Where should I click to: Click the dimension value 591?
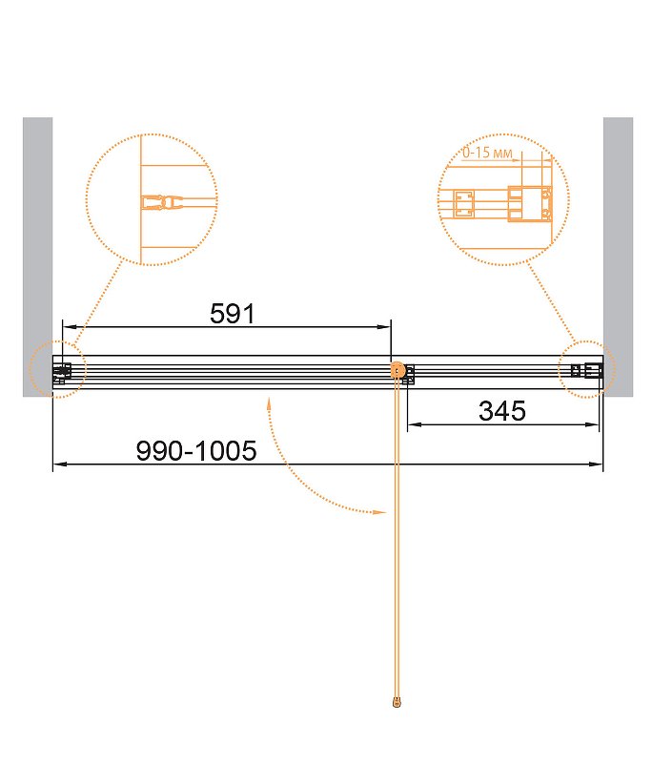click(232, 314)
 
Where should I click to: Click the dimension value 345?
click(502, 411)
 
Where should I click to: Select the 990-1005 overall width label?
click(196, 450)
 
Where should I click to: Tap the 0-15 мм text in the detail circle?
click(487, 153)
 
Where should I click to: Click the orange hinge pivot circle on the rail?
click(397, 371)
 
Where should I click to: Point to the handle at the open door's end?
click(397, 702)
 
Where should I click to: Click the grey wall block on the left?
click(37, 257)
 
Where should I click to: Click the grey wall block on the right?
click(618, 257)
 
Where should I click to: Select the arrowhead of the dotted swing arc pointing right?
click(379, 512)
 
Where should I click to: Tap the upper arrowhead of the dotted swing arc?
click(268, 403)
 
